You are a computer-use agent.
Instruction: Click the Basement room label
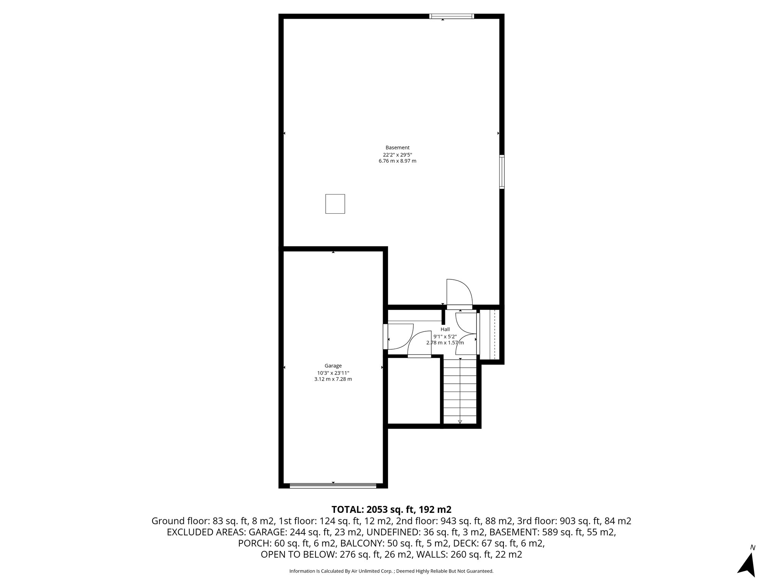(x=397, y=148)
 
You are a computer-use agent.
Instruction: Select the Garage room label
(x=333, y=366)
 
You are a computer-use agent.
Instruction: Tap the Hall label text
(x=445, y=329)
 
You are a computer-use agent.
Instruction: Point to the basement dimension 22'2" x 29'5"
(x=397, y=155)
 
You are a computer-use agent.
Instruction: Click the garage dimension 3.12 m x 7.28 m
(x=333, y=379)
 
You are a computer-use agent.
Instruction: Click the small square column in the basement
(x=335, y=204)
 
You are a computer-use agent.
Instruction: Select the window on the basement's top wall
(x=451, y=16)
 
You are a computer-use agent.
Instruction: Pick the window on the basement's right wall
(x=502, y=172)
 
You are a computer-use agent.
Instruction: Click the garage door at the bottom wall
(x=333, y=486)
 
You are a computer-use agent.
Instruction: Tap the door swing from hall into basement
(x=459, y=293)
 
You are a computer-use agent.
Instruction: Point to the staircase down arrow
(x=460, y=421)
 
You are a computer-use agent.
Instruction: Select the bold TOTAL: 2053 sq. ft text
(x=391, y=509)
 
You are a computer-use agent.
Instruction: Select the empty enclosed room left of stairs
(x=415, y=390)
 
